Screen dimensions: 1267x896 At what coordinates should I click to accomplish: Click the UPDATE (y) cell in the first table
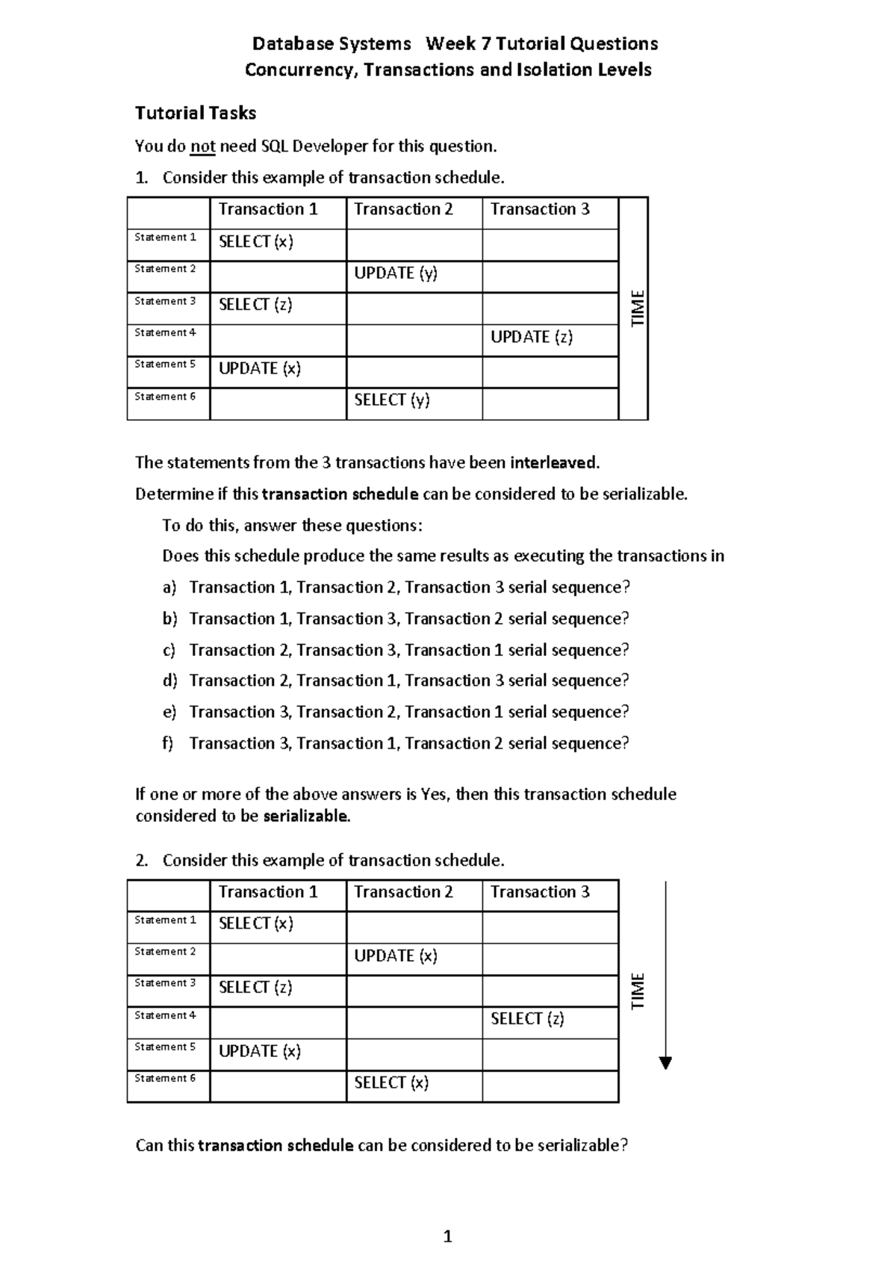pyautogui.click(x=396, y=273)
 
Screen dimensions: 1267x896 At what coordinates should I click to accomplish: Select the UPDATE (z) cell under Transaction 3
pyautogui.click(x=532, y=337)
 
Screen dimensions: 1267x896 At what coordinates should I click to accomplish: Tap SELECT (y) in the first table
pyautogui.click(x=392, y=400)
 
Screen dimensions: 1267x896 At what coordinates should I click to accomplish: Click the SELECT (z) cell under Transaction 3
pyautogui.click(x=527, y=1019)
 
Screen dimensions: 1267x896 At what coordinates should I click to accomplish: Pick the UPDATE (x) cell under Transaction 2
pyautogui.click(x=396, y=956)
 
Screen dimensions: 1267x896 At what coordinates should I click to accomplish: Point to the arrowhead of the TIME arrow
pyautogui.click(x=666, y=1064)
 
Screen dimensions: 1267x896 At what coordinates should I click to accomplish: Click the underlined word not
pyautogui.click(x=202, y=146)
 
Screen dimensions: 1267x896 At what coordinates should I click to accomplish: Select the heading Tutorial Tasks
pyautogui.click(x=196, y=114)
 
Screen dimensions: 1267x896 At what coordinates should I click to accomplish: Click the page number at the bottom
pyautogui.click(x=448, y=1236)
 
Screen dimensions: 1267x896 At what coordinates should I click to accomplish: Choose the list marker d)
pyautogui.click(x=170, y=681)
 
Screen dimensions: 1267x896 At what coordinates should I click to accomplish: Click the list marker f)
pyautogui.click(x=168, y=743)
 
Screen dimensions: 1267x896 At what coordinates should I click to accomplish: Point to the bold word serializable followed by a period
pyautogui.click(x=307, y=816)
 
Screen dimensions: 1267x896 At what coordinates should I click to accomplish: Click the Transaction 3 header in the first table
pyautogui.click(x=540, y=210)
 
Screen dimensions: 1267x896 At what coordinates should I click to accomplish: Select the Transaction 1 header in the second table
pyautogui.click(x=268, y=893)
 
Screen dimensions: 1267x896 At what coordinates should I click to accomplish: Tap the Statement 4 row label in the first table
pyautogui.click(x=165, y=333)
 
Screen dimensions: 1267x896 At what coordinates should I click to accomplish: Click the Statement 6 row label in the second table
pyautogui.click(x=165, y=1079)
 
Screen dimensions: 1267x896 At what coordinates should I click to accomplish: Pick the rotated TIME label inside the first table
pyautogui.click(x=638, y=308)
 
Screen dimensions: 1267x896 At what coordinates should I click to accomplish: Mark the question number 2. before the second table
pyautogui.click(x=142, y=861)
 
